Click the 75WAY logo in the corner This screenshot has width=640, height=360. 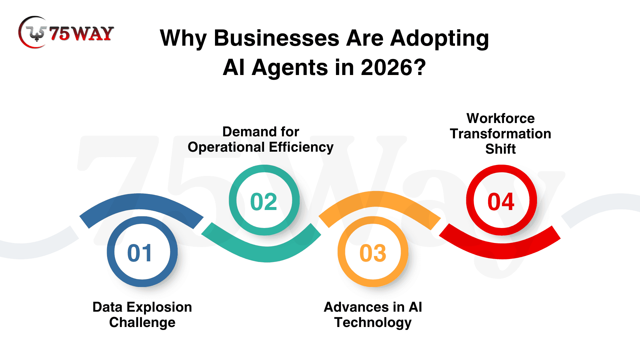(66, 32)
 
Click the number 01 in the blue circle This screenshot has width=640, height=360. (140, 253)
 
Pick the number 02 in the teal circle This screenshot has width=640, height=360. (264, 202)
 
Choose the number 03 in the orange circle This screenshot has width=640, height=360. (373, 253)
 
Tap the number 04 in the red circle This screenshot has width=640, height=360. (501, 202)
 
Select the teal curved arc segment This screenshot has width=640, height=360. (267, 254)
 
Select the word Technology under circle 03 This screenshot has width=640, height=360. (373, 323)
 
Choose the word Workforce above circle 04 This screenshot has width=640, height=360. (501, 118)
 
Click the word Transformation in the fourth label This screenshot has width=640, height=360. (501, 134)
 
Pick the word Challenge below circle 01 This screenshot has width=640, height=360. (142, 323)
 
